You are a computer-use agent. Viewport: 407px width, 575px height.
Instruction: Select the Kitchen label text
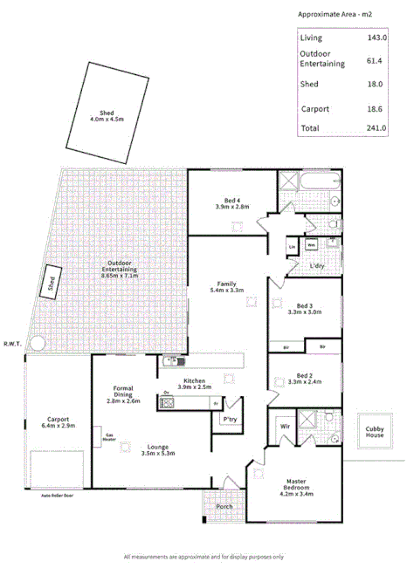point(194,381)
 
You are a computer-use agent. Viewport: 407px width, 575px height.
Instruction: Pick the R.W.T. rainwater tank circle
point(36,343)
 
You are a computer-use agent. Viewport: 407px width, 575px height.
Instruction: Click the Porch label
point(224,505)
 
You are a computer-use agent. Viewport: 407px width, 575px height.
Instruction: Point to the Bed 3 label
point(304,307)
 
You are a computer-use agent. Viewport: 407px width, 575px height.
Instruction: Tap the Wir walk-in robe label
point(285,426)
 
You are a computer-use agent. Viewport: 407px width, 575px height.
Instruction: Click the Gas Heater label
point(110,438)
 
